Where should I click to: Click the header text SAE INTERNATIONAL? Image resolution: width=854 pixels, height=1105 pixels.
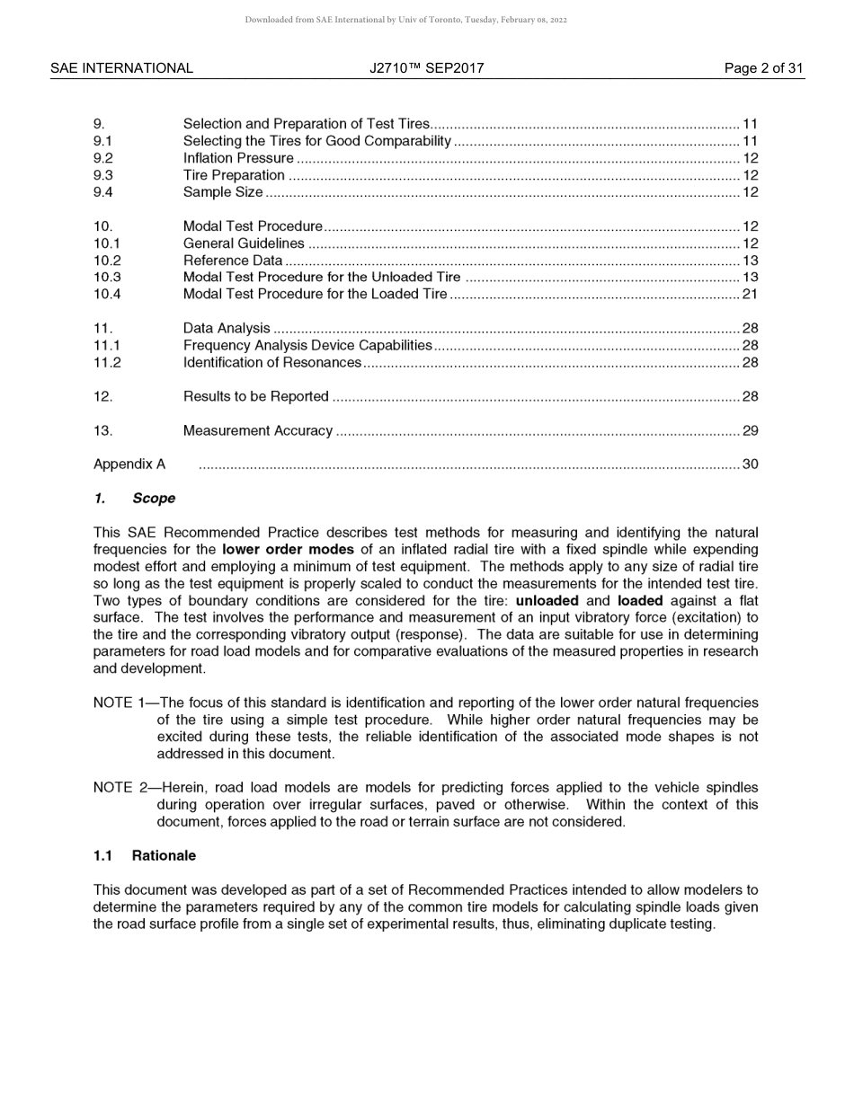[x=121, y=68]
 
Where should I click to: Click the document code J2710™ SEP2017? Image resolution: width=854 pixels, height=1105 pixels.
[x=426, y=68]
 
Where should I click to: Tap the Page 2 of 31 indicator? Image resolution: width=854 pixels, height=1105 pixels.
[x=763, y=68]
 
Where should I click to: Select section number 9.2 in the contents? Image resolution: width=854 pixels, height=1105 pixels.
[x=103, y=158]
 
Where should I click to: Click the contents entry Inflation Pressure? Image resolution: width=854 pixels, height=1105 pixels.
[x=238, y=158]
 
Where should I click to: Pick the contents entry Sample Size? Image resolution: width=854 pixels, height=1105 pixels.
[x=223, y=192]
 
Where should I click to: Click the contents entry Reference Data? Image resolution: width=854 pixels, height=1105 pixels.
[x=233, y=261]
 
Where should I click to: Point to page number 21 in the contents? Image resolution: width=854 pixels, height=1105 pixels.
[x=750, y=295]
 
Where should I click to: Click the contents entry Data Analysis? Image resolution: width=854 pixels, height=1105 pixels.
[x=227, y=329]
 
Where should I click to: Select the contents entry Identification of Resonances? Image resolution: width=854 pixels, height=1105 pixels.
[x=272, y=363]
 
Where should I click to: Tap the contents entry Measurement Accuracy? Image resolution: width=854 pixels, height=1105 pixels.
[x=258, y=431]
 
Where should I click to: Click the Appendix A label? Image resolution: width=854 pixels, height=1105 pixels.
[x=129, y=464]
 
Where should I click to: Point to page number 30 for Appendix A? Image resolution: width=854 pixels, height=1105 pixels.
[x=750, y=464]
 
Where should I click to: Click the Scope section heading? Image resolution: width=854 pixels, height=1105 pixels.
[x=153, y=499]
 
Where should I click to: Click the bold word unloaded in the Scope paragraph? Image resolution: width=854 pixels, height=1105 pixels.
[x=547, y=601]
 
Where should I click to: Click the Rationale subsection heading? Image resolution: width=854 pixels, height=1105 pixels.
[x=163, y=856]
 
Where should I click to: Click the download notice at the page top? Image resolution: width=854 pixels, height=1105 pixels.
[x=405, y=20]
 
